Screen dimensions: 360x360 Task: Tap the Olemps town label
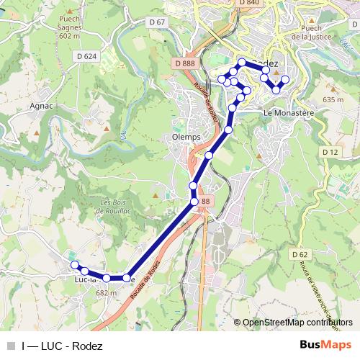click(x=186, y=137)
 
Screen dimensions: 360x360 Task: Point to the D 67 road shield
click(x=158, y=22)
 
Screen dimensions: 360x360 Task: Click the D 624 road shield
click(x=86, y=55)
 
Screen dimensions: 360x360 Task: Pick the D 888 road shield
click(x=184, y=64)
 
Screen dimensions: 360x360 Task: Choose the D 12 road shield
click(x=330, y=152)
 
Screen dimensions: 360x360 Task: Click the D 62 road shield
click(x=300, y=254)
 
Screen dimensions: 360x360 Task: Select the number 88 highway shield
click(x=206, y=201)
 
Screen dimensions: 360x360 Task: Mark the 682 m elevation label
click(x=106, y=293)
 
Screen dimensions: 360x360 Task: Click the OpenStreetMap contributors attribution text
click(x=297, y=323)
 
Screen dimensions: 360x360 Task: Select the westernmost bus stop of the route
click(x=74, y=265)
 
